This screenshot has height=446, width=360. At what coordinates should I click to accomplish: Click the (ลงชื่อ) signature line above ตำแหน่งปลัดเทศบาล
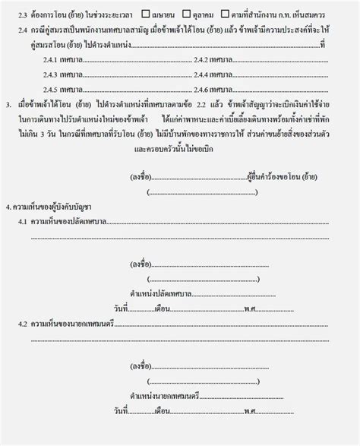(x=205, y=264)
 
